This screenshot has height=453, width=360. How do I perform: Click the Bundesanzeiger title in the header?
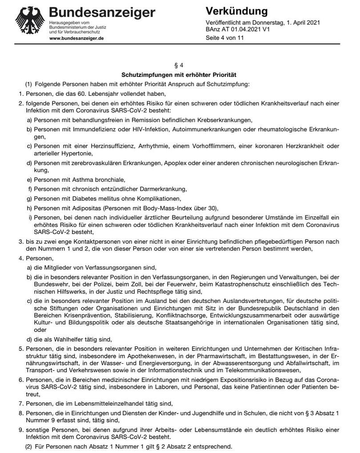[102, 12]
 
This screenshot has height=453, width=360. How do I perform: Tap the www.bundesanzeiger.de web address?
[76, 39]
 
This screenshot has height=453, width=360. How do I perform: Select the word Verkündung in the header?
[237, 11]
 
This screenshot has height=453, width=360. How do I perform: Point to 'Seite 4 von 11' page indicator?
[225, 38]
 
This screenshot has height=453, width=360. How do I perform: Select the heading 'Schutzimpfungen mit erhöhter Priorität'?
[180, 75]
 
